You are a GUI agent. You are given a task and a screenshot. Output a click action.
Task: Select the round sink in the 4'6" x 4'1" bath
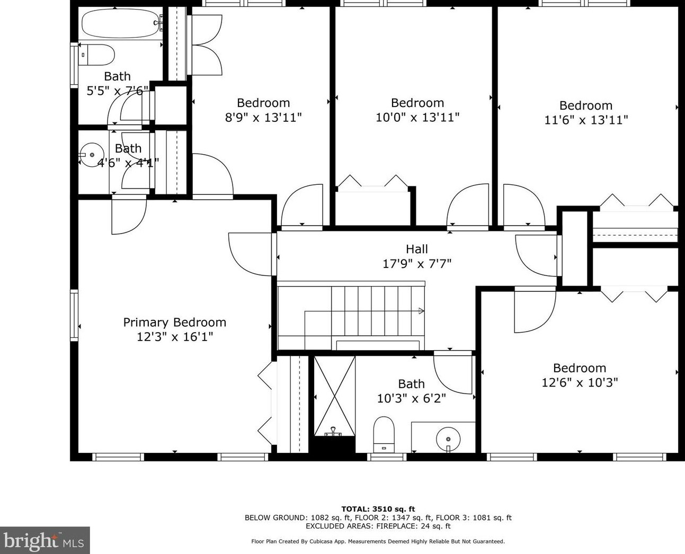[92, 155]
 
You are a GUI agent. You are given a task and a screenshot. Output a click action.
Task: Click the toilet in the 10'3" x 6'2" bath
[384, 434]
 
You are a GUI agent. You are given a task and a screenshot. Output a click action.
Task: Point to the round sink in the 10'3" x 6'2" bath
[448, 439]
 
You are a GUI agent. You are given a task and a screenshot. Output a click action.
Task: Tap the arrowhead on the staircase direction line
[421, 311]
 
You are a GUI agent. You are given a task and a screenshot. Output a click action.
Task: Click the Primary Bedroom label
[175, 322]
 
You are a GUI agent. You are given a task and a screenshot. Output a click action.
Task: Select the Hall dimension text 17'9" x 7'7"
[417, 264]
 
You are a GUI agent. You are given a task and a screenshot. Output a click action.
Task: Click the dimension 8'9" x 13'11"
[263, 118]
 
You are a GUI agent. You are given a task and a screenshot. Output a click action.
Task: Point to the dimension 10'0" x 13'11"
[417, 118]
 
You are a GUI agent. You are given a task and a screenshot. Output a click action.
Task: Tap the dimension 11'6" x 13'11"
[586, 120]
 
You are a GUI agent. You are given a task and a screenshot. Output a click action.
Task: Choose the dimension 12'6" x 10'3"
[580, 382]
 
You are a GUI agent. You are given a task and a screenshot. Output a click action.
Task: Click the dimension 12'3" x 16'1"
[175, 337]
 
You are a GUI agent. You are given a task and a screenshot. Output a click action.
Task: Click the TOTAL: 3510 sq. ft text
[378, 509]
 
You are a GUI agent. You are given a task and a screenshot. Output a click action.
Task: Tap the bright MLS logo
[45, 541]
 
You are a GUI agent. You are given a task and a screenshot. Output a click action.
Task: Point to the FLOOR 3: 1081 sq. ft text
[474, 517]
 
